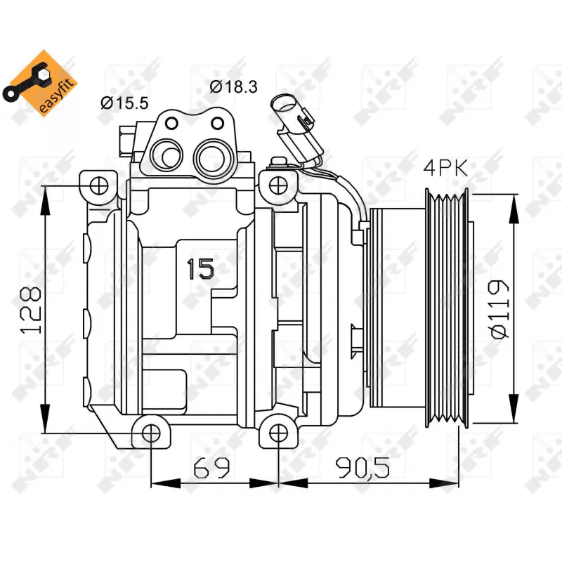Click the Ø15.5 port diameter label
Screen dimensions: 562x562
pyautogui.click(x=124, y=103)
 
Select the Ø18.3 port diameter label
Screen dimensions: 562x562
pyautogui.click(x=234, y=86)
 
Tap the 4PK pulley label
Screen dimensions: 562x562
pyautogui.click(x=445, y=168)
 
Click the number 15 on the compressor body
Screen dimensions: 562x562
pyautogui.click(x=201, y=269)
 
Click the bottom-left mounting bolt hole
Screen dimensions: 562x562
pyautogui.click(x=151, y=433)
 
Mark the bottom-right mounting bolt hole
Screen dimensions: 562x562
pyautogui.click(x=279, y=433)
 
